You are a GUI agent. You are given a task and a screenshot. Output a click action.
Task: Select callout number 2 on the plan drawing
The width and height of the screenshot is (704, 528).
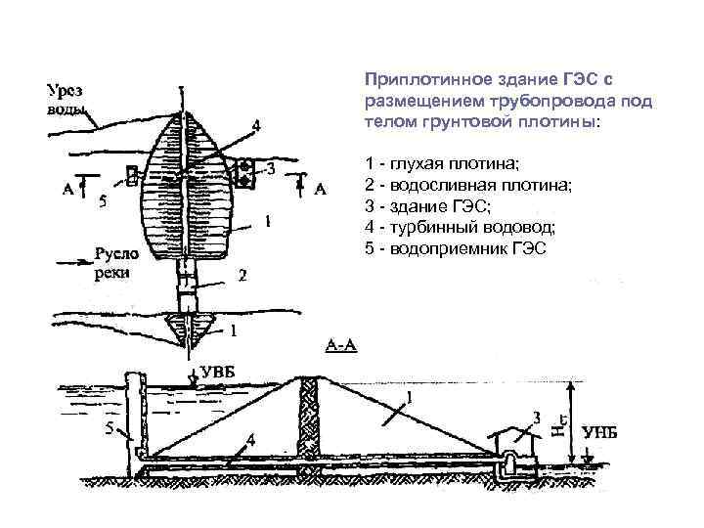click(242, 277)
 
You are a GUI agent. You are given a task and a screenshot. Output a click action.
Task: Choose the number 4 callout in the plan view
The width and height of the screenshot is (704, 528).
click(256, 124)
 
